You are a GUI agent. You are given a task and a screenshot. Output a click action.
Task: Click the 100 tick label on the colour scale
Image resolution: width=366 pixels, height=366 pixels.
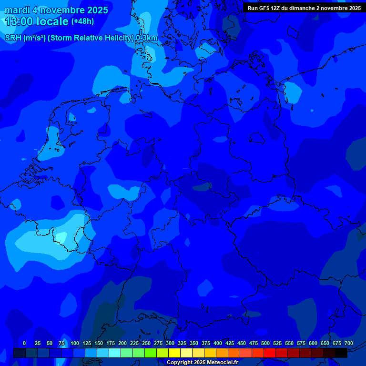[75, 343]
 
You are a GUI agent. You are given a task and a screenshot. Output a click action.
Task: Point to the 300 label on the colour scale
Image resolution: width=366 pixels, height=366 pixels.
[170, 343]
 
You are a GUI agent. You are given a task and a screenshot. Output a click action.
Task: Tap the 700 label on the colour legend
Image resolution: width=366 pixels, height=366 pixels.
[349, 343]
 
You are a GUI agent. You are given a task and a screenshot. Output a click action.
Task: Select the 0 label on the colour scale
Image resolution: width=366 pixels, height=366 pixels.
[24, 343]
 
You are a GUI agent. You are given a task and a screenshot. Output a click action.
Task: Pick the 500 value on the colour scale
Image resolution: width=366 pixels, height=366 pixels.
[265, 343]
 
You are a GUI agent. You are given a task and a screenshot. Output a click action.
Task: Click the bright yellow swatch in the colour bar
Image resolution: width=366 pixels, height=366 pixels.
[174, 353]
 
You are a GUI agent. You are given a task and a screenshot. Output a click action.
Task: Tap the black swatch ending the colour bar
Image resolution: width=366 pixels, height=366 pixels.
[341, 353]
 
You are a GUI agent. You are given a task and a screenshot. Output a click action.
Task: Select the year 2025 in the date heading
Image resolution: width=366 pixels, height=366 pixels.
[95, 10]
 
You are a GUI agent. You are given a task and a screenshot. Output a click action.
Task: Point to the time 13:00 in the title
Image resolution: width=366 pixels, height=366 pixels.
[19, 21]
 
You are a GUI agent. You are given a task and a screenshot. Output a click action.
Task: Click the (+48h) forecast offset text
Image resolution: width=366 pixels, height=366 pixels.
[82, 21]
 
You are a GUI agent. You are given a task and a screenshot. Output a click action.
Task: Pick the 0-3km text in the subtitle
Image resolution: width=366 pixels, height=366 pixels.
[146, 38]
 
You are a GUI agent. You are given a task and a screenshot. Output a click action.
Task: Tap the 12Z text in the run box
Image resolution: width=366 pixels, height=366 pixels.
[278, 8]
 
